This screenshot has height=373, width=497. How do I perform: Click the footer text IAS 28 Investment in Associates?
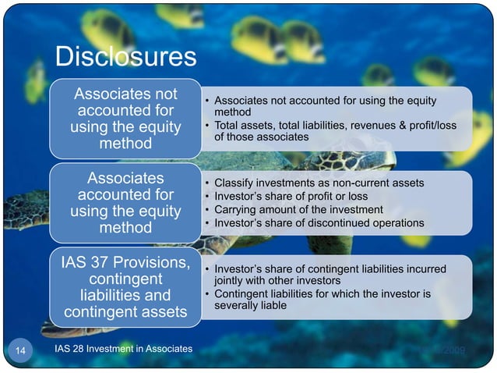click(124, 349)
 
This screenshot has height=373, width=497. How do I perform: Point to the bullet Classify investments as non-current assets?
click(319, 183)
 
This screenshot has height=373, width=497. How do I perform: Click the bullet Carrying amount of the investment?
click(298, 209)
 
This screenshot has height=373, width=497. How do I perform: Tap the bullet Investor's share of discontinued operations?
click(319, 223)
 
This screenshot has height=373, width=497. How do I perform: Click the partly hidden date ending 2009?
click(452, 350)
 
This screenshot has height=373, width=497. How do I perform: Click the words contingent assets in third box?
click(125, 314)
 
